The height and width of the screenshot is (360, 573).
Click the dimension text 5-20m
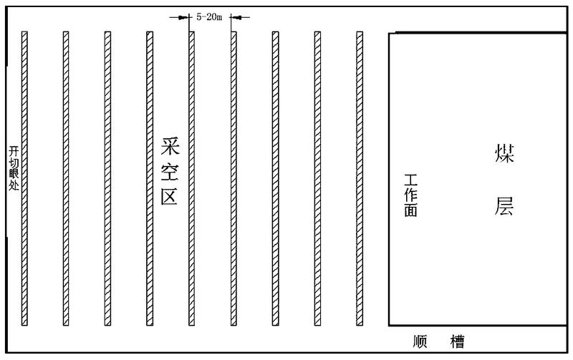pos(211,16)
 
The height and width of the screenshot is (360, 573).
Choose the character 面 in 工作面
pos(411,210)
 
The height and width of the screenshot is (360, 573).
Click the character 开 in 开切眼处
pos(13,152)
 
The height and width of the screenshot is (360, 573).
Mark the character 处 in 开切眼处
pos(13,186)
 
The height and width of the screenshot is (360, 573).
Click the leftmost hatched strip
pos(24,179)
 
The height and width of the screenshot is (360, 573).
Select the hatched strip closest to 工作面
pos(360,179)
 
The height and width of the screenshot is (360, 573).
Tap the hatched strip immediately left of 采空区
pos(150,179)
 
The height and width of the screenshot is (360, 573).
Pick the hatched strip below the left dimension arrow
pos(191,179)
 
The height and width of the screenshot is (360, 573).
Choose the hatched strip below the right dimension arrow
pos(233,179)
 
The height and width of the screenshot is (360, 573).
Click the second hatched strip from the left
pos(66,179)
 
